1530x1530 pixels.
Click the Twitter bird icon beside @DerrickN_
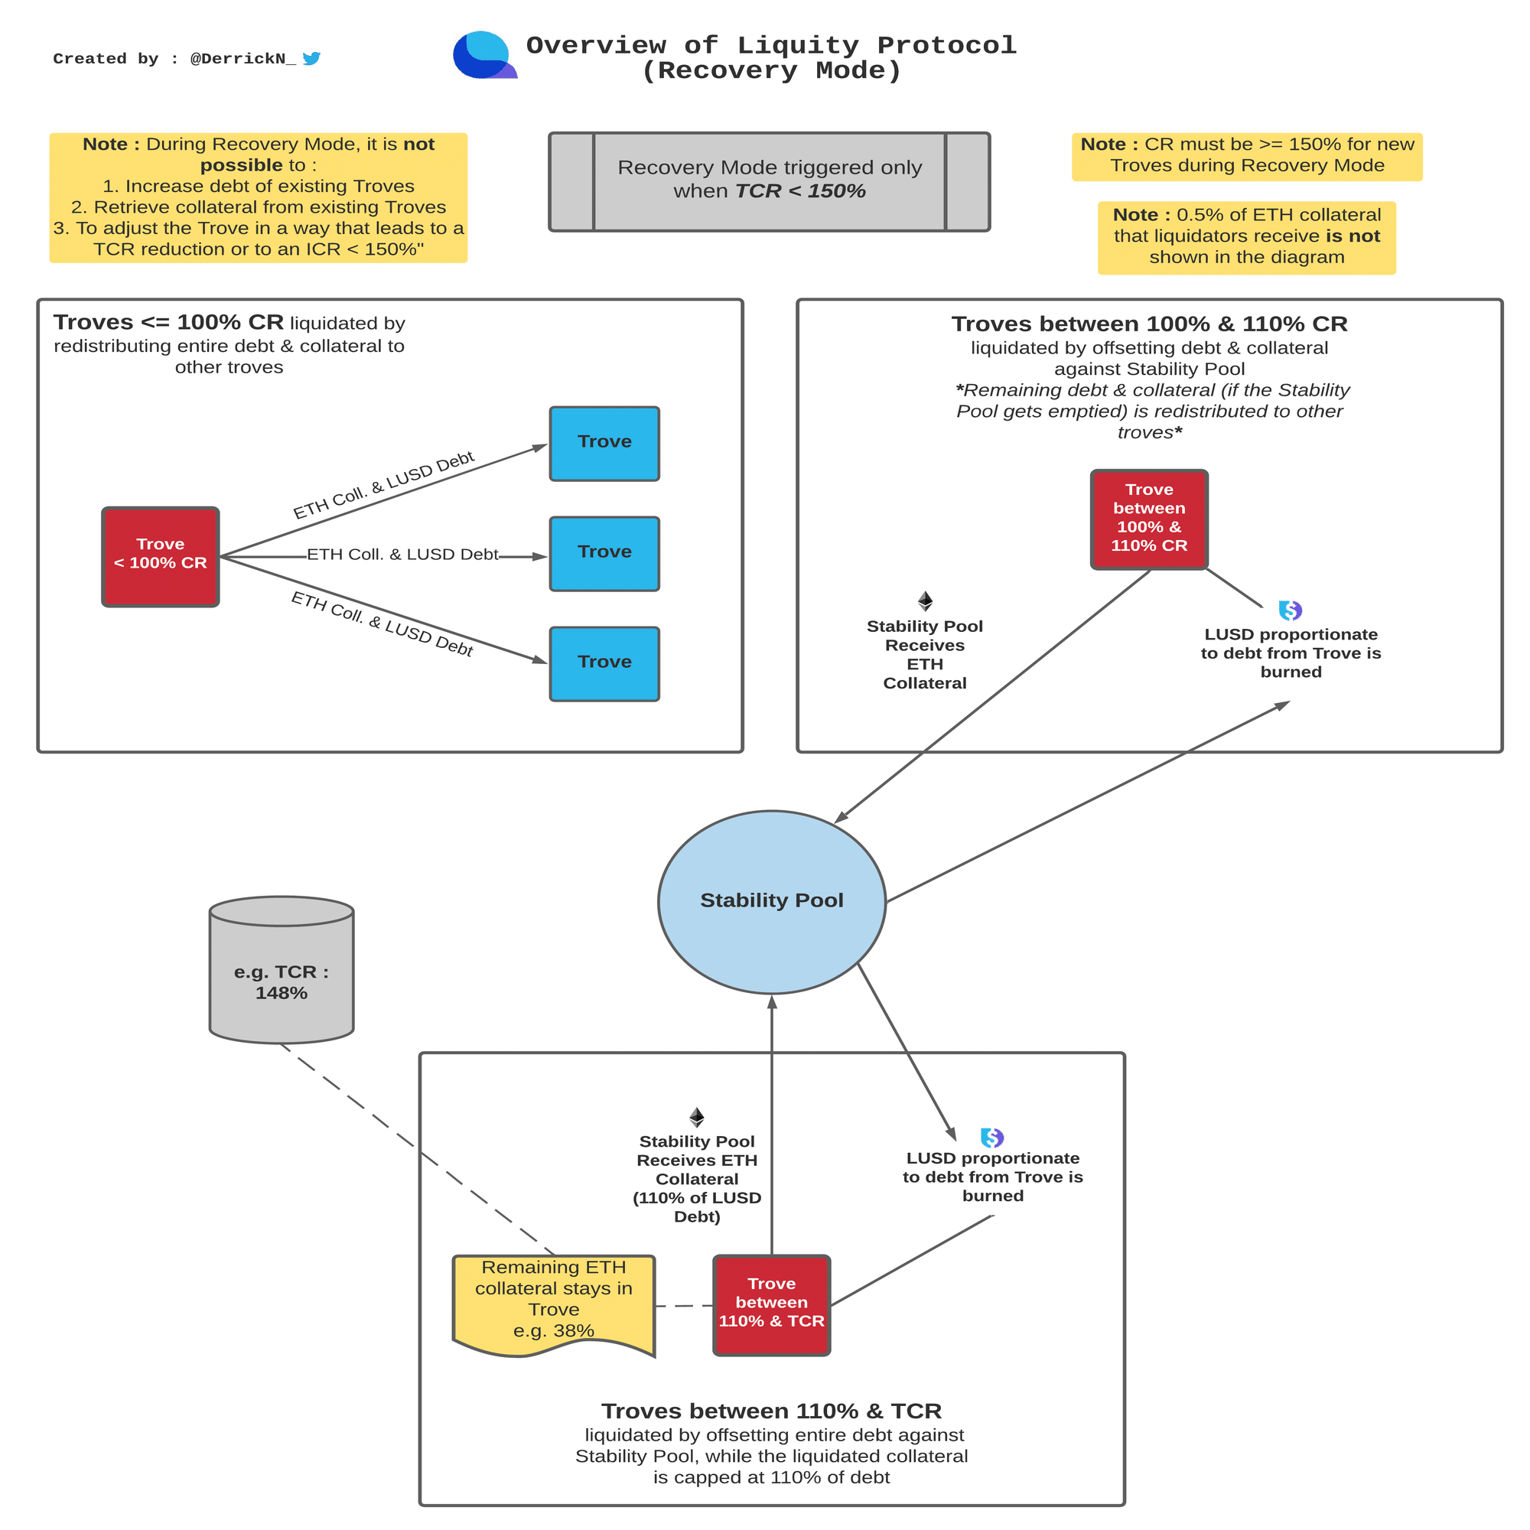pyautogui.click(x=311, y=59)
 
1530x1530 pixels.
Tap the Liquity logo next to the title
pyautogui.click(x=483, y=55)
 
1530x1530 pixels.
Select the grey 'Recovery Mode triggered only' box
pyautogui.click(x=769, y=182)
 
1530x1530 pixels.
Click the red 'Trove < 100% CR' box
pyautogui.click(x=160, y=557)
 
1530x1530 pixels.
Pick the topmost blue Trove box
pyautogui.click(x=604, y=444)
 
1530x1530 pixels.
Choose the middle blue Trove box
pyautogui.click(x=604, y=554)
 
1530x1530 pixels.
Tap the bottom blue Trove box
pyautogui.click(x=604, y=663)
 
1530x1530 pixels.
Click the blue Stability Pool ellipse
pyautogui.click(x=771, y=901)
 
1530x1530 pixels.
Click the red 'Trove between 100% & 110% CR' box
pyautogui.click(x=1148, y=519)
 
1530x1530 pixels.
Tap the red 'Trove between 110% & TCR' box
pyautogui.click(x=771, y=1304)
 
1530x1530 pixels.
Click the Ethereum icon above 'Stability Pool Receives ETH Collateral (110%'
pyautogui.click(x=696, y=1117)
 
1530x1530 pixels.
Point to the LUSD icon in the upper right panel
pyautogui.click(x=1290, y=610)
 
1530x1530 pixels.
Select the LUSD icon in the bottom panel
pyautogui.click(x=991, y=1138)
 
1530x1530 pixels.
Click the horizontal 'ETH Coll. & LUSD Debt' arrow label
pyautogui.click(x=402, y=555)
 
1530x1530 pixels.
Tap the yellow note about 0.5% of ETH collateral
pyautogui.click(x=1246, y=238)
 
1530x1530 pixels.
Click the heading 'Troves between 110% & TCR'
pyautogui.click(x=771, y=1411)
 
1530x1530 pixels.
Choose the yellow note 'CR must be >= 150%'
pyautogui.click(x=1246, y=156)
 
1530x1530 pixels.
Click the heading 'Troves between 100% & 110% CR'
pyautogui.click(x=1149, y=324)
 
